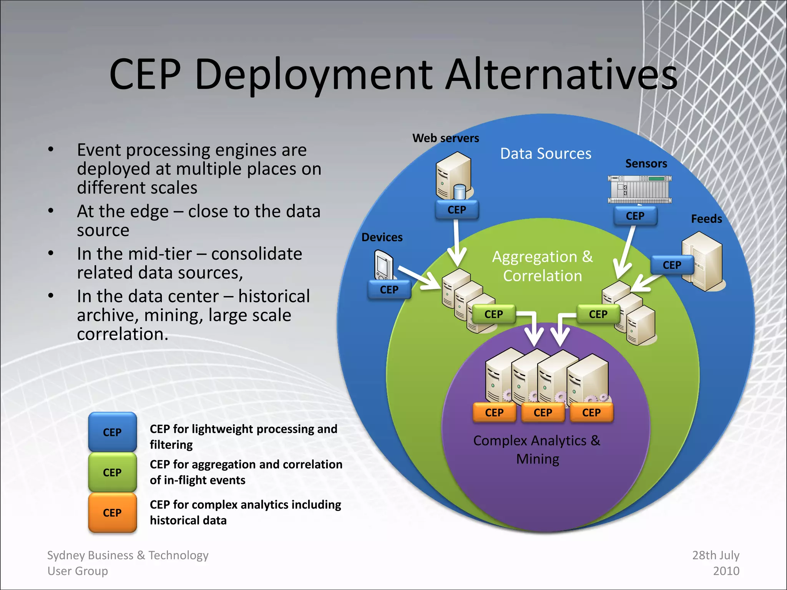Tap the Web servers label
click(x=445, y=138)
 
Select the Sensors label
click(x=646, y=164)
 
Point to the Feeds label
click(x=706, y=219)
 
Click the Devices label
click(x=382, y=237)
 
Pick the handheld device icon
click(x=384, y=265)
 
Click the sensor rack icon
click(x=640, y=189)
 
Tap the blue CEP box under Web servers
click(x=457, y=210)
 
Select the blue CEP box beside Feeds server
click(x=672, y=265)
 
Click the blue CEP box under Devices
click(x=389, y=290)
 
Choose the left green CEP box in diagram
click(x=494, y=314)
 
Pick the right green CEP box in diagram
click(x=598, y=314)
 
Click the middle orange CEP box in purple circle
click(x=543, y=413)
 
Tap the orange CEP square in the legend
click(x=112, y=513)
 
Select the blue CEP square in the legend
click(x=112, y=432)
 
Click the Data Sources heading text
click(x=546, y=154)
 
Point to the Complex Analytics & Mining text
click(x=537, y=449)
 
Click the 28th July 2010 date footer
click(x=716, y=563)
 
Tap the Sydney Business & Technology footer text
click(x=128, y=563)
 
